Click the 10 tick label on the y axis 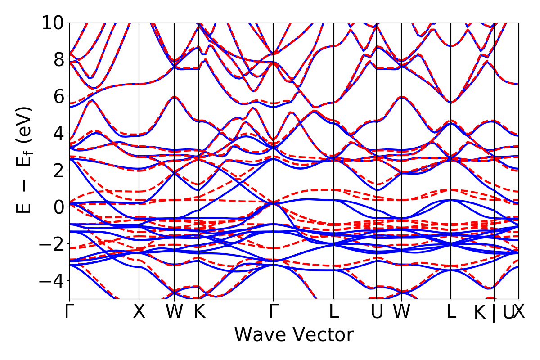pyautogui.click(x=53, y=22)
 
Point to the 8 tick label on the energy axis pyautogui.click(x=58, y=59)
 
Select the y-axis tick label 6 pyautogui.click(x=58, y=96)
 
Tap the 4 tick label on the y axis pyautogui.click(x=58, y=133)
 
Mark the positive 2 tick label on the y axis pyautogui.click(x=58, y=170)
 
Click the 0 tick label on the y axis pyautogui.click(x=58, y=207)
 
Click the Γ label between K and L pyautogui.click(x=273, y=312)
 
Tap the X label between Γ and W pyautogui.click(x=139, y=312)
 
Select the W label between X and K pyautogui.click(x=174, y=312)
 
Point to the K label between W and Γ pyautogui.click(x=199, y=312)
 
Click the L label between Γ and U pyautogui.click(x=333, y=312)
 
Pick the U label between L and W pyautogui.click(x=377, y=312)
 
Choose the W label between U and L pyautogui.click(x=401, y=312)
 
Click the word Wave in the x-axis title pyautogui.click(x=264, y=335)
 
